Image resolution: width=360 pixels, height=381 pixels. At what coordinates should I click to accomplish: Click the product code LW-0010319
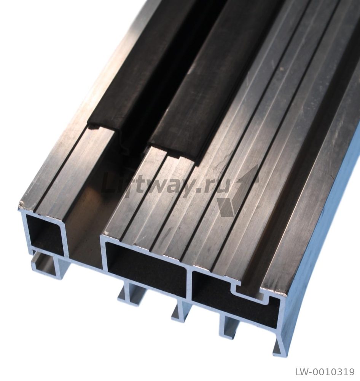tap(325, 372)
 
